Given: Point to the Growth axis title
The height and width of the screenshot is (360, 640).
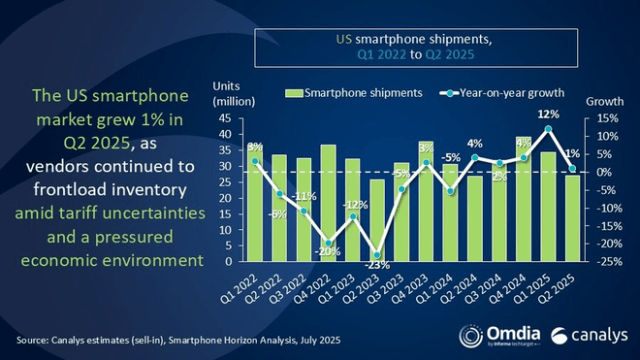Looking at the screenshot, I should point(598,101).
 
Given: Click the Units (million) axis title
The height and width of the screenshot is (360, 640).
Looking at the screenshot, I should point(230,93).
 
